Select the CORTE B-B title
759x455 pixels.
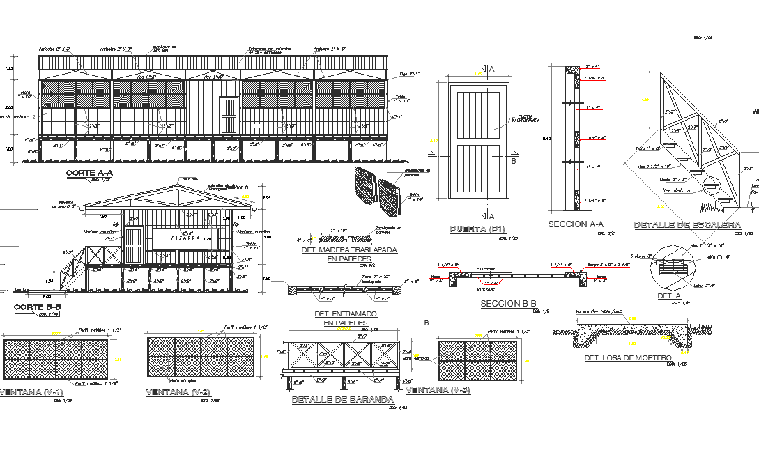click(38, 307)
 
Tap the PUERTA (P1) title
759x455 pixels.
click(477, 229)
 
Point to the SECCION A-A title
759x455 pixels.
click(576, 224)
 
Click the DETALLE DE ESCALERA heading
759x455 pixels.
click(687, 225)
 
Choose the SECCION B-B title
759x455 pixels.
click(509, 304)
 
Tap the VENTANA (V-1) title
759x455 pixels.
click(31, 392)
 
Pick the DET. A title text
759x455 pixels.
click(669, 296)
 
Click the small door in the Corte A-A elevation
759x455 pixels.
click(229, 116)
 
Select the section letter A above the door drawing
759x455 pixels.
click(491, 69)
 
